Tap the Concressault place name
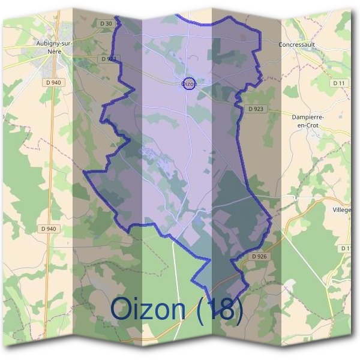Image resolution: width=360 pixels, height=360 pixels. pos(296,44)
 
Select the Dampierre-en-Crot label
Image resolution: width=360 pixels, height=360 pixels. pos(307,121)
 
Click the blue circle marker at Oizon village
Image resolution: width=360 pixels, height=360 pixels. pos(188,83)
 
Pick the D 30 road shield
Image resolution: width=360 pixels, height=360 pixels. pos(106,23)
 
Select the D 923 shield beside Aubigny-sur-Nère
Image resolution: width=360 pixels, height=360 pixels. pos(109,59)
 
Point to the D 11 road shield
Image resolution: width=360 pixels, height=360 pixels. pos(338,83)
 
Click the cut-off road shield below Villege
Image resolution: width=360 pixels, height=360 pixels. pos(346,248)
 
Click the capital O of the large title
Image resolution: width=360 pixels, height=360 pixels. pos(122,309)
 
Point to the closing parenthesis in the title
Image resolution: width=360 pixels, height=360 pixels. pos(239,310)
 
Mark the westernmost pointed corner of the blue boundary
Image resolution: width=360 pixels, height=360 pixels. pos(83,172)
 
